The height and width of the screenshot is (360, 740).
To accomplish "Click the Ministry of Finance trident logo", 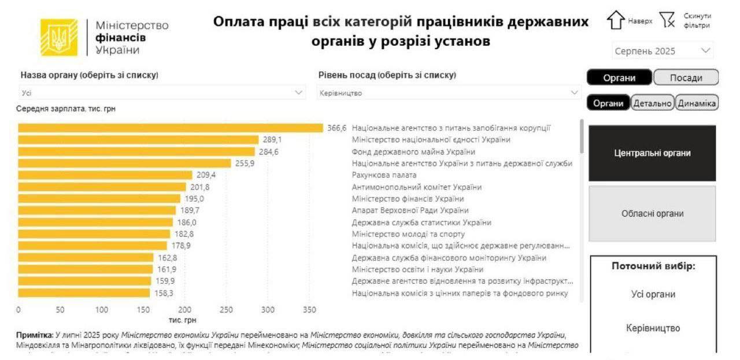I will pyautogui.click(x=58, y=38).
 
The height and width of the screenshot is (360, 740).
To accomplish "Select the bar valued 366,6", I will pyautogui.click(x=171, y=128).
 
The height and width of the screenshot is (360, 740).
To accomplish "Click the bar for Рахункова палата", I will pyautogui.click(x=105, y=175).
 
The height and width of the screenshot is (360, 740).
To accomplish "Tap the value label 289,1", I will pyautogui.click(x=272, y=140).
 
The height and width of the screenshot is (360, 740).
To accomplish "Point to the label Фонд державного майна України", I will pyautogui.click(x=413, y=152).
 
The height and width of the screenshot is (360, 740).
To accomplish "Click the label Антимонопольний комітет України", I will pyautogui.click(x=417, y=187).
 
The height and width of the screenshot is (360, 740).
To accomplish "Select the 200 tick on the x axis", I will pyautogui.click(x=184, y=310).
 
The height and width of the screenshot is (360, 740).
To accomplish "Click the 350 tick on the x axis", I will pyautogui.click(x=309, y=310).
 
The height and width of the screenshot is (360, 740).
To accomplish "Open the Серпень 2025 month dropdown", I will pyautogui.click(x=663, y=51).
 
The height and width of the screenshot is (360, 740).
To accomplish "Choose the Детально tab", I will pyautogui.click(x=653, y=103).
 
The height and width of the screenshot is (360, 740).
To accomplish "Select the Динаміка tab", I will pyautogui.click(x=697, y=103).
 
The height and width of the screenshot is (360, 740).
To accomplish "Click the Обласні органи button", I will pyautogui.click(x=652, y=214).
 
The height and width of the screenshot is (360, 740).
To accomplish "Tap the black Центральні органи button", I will pyautogui.click(x=652, y=153).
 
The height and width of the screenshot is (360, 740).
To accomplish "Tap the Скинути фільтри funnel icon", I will pyautogui.click(x=668, y=20).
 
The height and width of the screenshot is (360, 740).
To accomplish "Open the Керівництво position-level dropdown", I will pyautogui.click(x=449, y=92).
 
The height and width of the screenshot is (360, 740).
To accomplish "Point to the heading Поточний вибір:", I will pyautogui.click(x=653, y=266).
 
